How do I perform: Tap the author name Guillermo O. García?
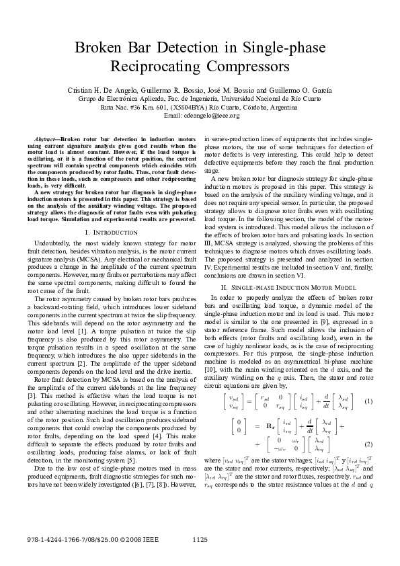coord(281,89)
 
